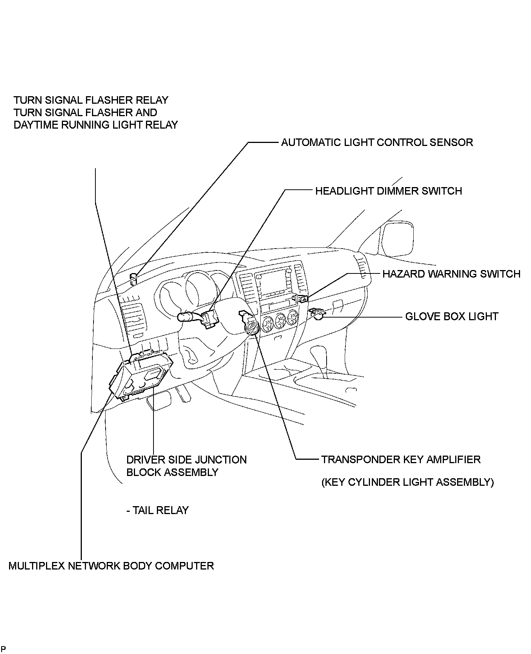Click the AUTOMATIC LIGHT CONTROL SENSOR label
click(377, 143)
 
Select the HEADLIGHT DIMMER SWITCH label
click(388, 191)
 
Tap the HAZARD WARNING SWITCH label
click(451, 274)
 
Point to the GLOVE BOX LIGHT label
click(451, 316)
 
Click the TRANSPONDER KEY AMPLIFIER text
click(401, 460)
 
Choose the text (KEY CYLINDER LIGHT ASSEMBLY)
click(407, 482)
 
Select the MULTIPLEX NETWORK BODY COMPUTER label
click(111, 566)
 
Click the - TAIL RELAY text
click(157, 510)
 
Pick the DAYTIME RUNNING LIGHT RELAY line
click(95, 125)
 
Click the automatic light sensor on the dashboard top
click(133, 279)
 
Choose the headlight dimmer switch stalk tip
click(183, 316)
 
